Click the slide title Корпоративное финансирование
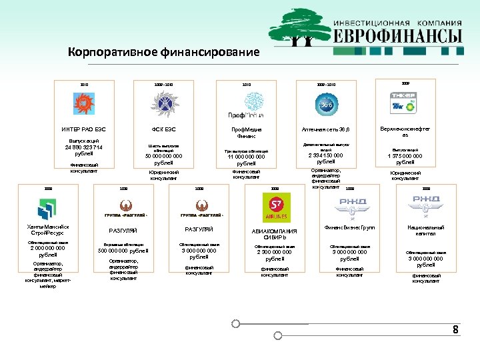[x=163, y=52]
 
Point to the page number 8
[x=455, y=330]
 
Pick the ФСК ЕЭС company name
[x=163, y=129]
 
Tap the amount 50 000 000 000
[x=163, y=157]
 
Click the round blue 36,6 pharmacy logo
[x=327, y=105]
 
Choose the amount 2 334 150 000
[x=326, y=155]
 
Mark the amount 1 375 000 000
[x=405, y=156]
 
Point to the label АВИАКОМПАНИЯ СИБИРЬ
[x=275, y=233]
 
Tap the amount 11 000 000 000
[x=246, y=157]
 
